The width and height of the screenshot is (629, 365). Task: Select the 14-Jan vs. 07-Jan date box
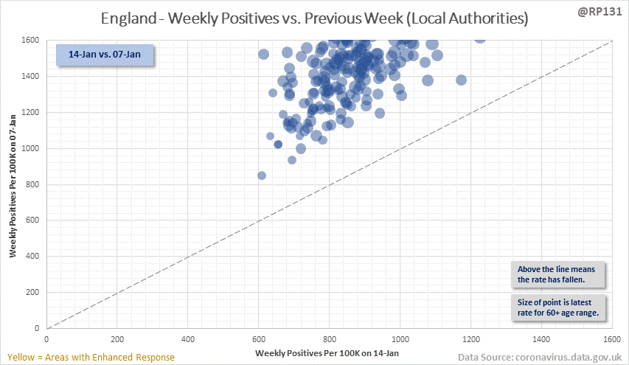point(104,56)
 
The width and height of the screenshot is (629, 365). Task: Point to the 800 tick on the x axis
point(329,339)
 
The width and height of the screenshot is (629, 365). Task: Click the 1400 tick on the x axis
point(541,339)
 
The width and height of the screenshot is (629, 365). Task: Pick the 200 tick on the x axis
point(117,339)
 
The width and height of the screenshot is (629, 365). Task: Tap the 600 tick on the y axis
point(32,220)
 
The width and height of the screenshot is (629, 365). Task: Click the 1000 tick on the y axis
point(31,148)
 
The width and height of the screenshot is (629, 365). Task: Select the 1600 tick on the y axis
point(31,41)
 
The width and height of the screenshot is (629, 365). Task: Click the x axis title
point(329,354)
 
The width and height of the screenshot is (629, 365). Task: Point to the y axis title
point(13,184)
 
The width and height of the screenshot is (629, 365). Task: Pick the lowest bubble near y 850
point(262,175)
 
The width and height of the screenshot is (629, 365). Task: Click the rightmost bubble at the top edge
point(480,38)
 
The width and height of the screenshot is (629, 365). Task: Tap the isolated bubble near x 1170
point(461,80)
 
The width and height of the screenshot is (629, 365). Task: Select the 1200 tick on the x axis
point(470,339)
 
